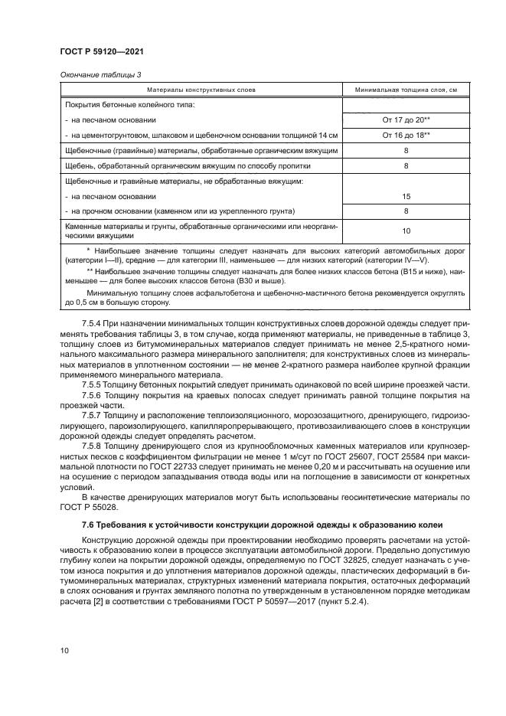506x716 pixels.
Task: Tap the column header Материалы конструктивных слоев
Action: [203, 90]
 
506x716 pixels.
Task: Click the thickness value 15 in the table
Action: [406, 196]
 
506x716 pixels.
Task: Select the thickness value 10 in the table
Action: [406, 230]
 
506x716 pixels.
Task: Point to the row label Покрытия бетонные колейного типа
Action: [130, 105]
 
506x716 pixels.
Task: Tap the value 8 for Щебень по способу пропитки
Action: [406, 165]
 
